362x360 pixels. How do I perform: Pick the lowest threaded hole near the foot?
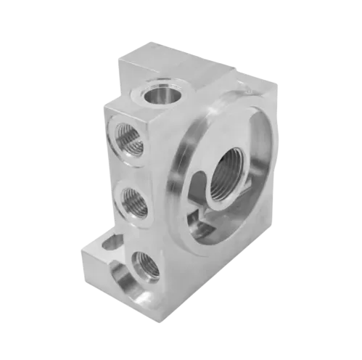pos(144,266)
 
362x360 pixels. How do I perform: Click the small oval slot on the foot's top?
pos(109,243)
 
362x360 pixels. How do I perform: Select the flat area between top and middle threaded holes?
pos(131,169)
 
